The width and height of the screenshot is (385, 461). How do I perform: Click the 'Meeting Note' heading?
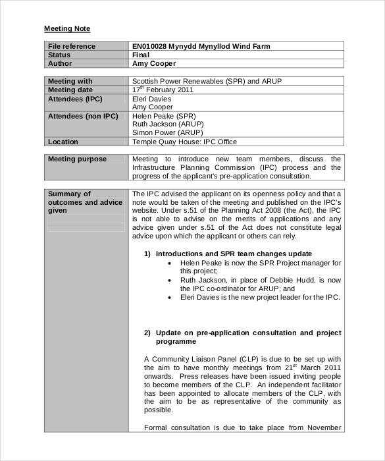coord(66,29)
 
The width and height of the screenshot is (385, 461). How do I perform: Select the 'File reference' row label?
coord(71,46)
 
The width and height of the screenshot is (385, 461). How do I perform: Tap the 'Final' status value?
coord(141,55)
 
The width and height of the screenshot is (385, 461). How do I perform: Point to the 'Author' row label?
coord(59,64)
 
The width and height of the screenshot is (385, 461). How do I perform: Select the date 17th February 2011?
coord(163,90)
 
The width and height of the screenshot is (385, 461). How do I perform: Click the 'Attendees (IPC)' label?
coord(75,99)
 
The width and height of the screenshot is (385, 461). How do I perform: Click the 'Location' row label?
coord(63,142)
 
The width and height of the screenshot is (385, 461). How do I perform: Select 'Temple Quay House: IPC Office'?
coord(184,142)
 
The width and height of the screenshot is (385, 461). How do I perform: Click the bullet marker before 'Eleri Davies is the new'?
coord(170,297)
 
